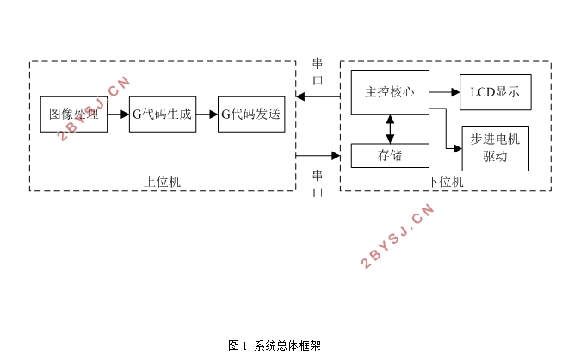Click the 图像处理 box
(74, 115)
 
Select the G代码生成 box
(162, 115)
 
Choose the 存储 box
(390, 156)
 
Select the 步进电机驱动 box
(495, 147)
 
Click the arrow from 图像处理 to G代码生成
(118, 115)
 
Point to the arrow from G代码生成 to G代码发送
(206, 115)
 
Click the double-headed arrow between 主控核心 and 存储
(390, 128)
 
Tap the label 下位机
(445, 182)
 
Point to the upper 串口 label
(318, 71)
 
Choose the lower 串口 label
(318, 183)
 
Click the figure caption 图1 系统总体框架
(275, 345)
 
